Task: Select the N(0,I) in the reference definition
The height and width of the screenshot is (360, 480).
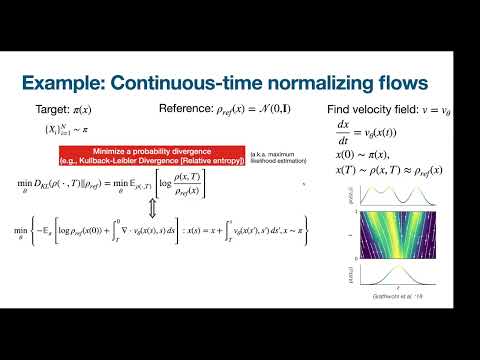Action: [276, 107]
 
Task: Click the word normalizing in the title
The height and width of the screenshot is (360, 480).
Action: [303, 82]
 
